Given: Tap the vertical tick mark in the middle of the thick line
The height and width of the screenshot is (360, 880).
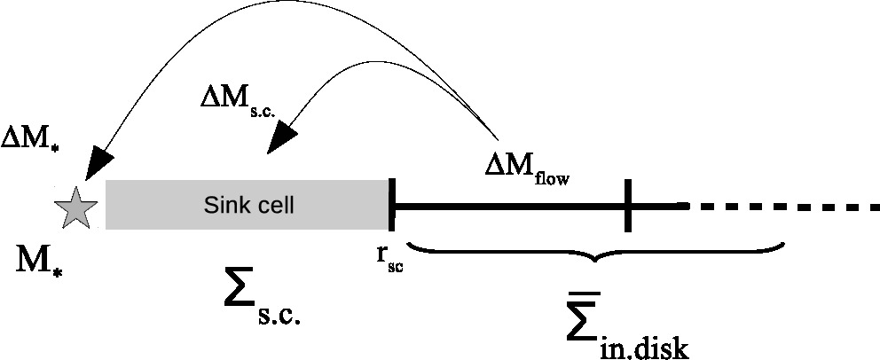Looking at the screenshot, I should pos(628,206).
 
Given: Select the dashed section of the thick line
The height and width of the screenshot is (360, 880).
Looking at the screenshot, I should pos(784,207).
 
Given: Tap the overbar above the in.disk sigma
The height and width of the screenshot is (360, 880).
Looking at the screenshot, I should pos(583,294).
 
